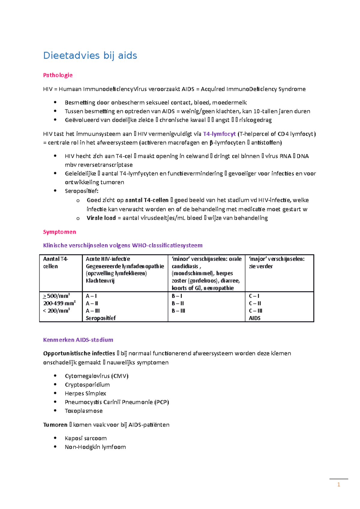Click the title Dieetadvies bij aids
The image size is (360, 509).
(90, 55)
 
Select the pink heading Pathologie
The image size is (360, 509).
(58, 75)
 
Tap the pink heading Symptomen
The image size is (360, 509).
(59, 232)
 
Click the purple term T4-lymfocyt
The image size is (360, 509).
(219, 134)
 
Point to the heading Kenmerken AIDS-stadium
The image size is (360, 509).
(78, 340)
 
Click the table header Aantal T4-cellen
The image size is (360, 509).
(55, 262)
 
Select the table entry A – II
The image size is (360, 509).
(92, 303)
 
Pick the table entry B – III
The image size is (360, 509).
(178, 311)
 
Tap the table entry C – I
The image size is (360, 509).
(254, 296)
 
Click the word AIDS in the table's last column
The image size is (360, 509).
(254, 318)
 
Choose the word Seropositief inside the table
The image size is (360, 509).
(100, 318)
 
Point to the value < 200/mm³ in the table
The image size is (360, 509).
(56, 311)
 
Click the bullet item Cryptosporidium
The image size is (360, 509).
(87, 385)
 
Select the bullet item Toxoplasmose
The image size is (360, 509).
(83, 411)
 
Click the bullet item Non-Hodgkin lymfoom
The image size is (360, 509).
(95, 447)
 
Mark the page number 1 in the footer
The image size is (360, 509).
(338, 484)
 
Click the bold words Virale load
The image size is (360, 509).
(101, 218)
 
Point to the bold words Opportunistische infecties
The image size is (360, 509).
(79, 353)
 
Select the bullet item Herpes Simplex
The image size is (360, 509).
(85, 393)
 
